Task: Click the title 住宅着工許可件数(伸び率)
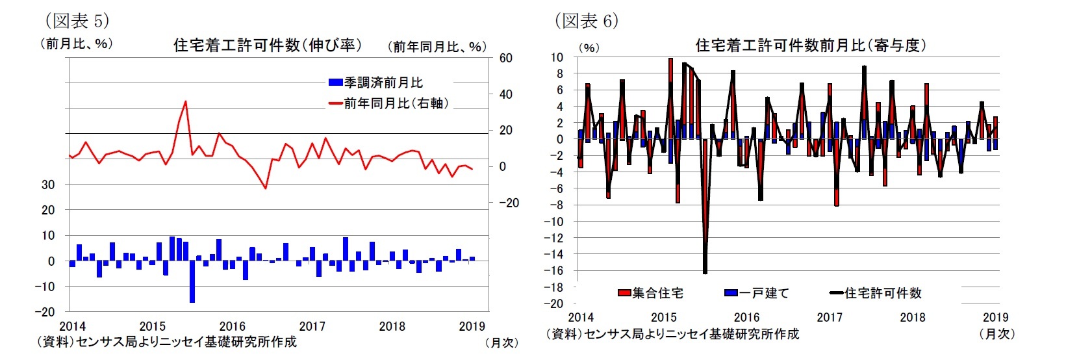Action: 268,45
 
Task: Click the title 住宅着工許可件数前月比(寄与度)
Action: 811,45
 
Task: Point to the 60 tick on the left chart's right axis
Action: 505,58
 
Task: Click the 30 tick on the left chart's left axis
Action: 48,185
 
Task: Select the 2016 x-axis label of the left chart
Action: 232,326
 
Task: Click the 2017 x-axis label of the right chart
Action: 829,317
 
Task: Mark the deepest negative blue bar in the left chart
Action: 192,281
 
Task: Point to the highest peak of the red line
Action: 186,101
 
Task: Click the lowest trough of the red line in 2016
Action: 265,188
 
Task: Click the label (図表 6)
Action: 586,21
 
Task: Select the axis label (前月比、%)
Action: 76,44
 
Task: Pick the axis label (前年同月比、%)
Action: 437,47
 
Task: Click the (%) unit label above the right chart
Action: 589,47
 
